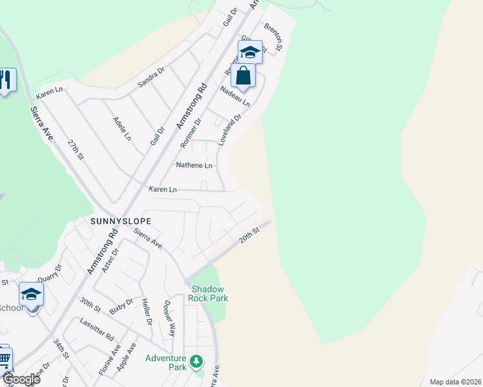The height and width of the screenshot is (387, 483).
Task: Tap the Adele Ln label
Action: [122, 129]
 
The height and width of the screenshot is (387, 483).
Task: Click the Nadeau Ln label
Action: [235, 98]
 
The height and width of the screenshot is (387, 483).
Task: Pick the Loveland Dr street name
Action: [229, 130]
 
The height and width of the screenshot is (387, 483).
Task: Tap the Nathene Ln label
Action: [194, 166]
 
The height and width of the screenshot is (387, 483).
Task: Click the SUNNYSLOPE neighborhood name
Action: [121, 221]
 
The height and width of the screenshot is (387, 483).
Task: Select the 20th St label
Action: [249, 234]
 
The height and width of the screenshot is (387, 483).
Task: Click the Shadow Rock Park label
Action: [208, 293]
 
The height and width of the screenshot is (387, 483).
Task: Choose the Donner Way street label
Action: [169, 318]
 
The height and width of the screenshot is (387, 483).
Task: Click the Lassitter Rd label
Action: [97, 328]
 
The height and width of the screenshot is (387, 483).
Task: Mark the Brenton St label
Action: [274, 37]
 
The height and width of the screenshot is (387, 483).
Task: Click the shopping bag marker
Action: [243, 77]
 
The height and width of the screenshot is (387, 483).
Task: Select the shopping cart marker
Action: [4, 359]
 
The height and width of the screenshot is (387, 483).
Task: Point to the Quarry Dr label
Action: [49, 273]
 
